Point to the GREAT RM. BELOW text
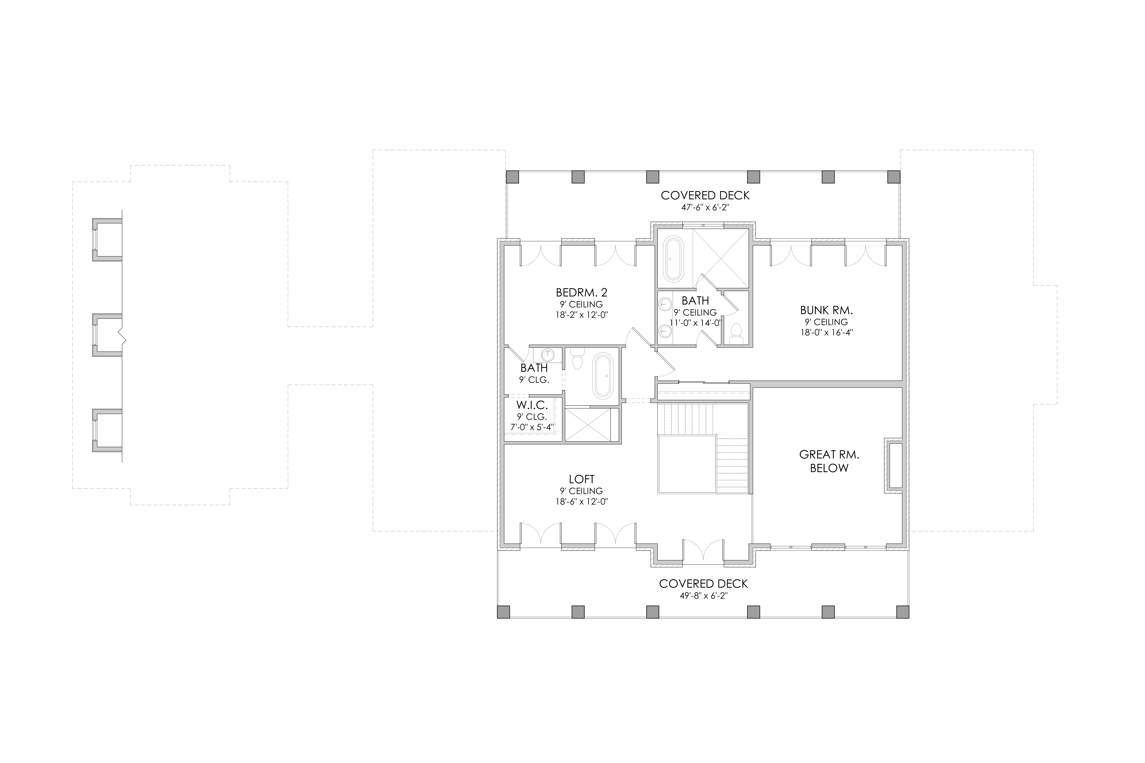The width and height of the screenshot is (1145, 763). tap(829, 461)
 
